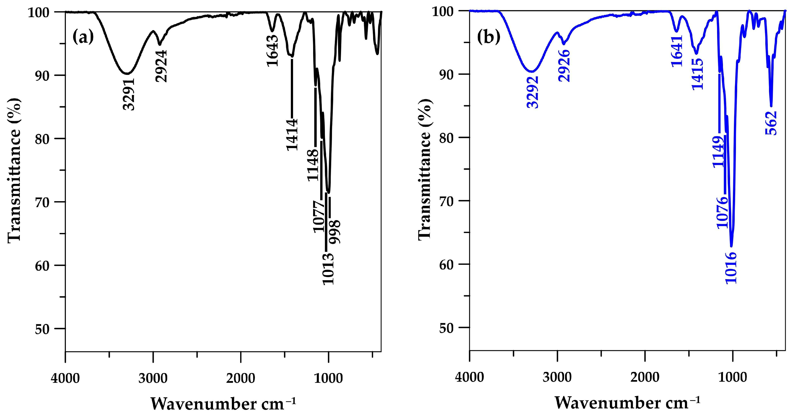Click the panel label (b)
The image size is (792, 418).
coord(488,37)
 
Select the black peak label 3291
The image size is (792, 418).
coord(129,94)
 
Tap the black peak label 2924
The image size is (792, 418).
coord(161,66)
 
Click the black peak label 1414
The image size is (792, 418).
coord(292,135)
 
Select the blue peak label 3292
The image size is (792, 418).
coord(533,92)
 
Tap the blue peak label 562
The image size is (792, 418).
coord(771,123)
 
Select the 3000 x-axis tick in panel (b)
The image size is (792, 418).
coord(557,377)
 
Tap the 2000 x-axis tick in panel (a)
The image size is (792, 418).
coord(241,378)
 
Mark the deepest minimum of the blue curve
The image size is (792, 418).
coord(732,246)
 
